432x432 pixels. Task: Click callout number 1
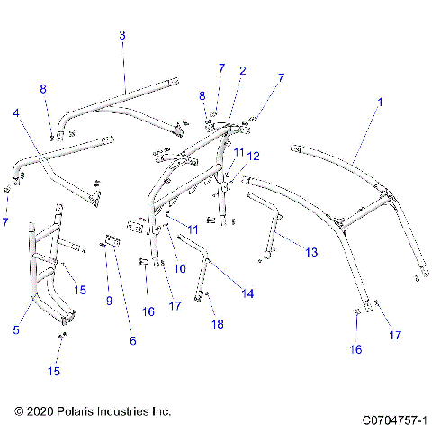pos(380,104)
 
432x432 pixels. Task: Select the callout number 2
pos(242,70)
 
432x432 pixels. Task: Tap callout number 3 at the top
pos(122,35)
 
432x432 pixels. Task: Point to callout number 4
pos(15,113)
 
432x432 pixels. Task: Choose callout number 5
pos(16,330)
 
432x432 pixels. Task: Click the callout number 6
pos(132,341)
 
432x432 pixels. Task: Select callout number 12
pos(254,156)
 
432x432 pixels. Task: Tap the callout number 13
pos(311,253)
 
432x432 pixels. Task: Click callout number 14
pos(247,293)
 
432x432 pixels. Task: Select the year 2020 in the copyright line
pos(40,411)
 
